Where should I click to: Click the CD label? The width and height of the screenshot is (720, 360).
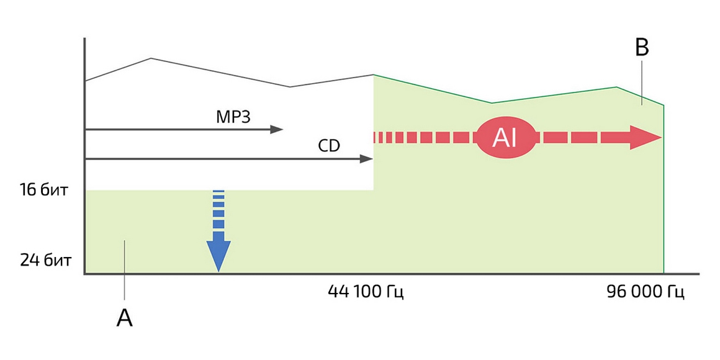pos(329,146)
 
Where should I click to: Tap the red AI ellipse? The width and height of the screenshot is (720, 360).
pos(505,137)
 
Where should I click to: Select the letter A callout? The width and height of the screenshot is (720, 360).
pos(125,318)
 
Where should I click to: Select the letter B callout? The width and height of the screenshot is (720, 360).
pos(642,48)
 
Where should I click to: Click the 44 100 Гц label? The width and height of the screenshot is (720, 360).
pos(366,292)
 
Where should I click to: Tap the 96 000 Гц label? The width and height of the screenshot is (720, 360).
pos(645,292)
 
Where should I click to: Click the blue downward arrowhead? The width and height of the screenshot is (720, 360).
pos(218,254)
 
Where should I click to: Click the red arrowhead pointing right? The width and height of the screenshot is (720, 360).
pos(646,137)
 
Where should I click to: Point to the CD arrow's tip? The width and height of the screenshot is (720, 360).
pos(370,160)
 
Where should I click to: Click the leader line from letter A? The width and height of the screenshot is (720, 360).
pos(125,273)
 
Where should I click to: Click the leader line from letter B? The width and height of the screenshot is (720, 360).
pos(642,81)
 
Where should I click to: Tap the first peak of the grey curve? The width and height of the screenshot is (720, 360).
pos(151,58)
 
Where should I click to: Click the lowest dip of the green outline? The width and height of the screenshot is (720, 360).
pos(492,102)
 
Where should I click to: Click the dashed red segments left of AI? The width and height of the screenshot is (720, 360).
pos(422,137)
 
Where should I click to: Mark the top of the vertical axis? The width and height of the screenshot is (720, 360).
pos(84,39)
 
